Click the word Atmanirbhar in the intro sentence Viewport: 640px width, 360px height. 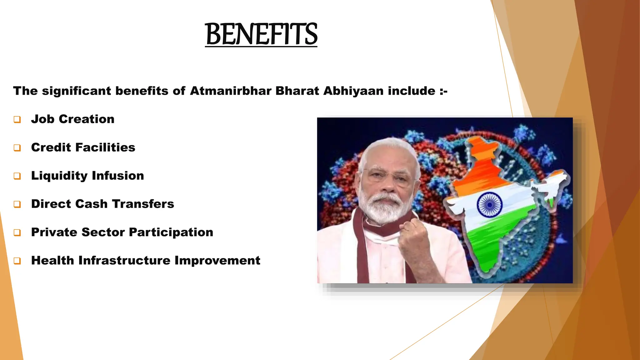coord(231,91)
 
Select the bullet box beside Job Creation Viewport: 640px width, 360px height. coord(17,119)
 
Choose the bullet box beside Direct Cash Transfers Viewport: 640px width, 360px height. coord(17,204)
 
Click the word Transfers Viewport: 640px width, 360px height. coord(143,204)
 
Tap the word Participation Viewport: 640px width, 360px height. coord(171,232)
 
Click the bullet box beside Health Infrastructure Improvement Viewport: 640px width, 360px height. coord(17,261)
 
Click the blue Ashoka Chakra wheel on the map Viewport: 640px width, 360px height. coord(489,205)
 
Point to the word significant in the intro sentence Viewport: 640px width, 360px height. coord(77,91)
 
